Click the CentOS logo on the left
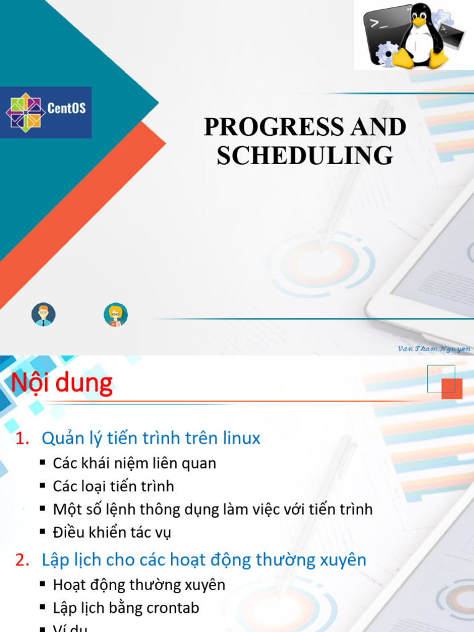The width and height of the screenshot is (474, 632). (x=46, y=112)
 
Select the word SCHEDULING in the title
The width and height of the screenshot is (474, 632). (x=305, y=156)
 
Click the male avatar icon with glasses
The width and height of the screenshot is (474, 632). (x=43, y=315)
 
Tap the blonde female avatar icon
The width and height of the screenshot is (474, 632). (x=115, y=315)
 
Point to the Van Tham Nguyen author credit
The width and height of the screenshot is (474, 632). (x=434, y=349)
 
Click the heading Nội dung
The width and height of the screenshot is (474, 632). (x=62, y=383)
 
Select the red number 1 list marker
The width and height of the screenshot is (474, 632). (x=22, y=438)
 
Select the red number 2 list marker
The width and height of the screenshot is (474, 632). (x=22, y=560)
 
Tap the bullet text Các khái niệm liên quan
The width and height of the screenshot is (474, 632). (x=135, y=463)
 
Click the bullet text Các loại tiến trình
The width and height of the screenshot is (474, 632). (x=114, y=486)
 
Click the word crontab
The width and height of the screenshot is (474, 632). (x=172, y=607)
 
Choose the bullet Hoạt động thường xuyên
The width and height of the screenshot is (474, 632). (x=139, y=584)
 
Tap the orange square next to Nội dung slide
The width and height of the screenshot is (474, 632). (x=452, y=388)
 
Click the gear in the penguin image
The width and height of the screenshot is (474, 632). (x=386, y=53)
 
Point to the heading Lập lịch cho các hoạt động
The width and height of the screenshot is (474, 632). (x=204, y=560)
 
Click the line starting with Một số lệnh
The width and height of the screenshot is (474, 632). (x=213, y=509)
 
